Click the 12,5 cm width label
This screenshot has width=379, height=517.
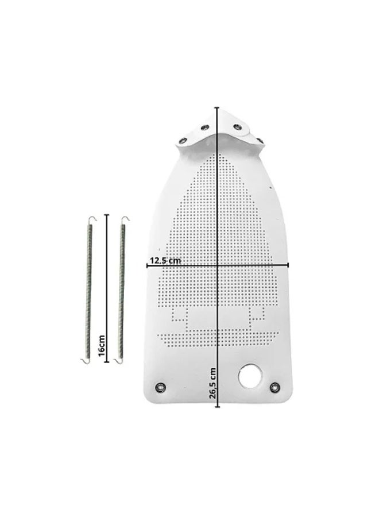tap(165, 260)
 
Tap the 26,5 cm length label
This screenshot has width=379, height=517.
tap(212, 383)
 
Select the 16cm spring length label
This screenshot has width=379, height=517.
tap(102, 346)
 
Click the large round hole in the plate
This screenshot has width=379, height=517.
tap(250, 376)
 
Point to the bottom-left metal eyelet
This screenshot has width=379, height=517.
tap(160, 387)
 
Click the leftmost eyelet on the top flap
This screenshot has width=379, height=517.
tap(181, 141)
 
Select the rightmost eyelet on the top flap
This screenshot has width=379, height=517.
tap(260, 140)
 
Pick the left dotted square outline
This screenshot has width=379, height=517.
tap(180, 314)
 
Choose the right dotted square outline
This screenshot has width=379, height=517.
tap(257, 314)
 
